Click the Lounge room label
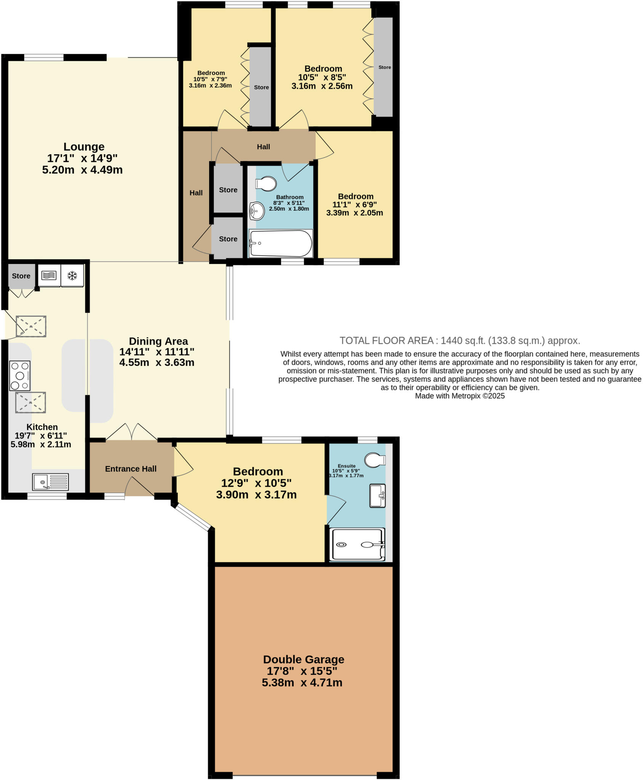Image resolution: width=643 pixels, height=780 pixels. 84,147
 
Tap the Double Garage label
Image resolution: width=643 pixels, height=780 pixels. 304,659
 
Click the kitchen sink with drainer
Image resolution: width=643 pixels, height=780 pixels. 50,482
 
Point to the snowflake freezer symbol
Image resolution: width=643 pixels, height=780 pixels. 72,275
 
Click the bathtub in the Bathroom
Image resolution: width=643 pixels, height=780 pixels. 281,243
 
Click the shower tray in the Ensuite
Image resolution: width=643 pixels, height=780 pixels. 357,545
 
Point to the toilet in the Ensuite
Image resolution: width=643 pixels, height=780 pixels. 375,460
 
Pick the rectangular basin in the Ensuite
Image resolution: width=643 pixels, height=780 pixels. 377,495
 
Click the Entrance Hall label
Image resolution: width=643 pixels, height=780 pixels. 131,469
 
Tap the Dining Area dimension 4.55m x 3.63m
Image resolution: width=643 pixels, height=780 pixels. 157,362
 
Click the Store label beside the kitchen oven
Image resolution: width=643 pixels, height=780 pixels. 21,276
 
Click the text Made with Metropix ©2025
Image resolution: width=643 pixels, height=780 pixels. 459,396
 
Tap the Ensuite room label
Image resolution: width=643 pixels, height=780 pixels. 346,466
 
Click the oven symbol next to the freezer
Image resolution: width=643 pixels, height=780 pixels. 49,275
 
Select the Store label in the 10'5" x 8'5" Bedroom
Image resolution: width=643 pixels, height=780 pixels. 384,67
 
